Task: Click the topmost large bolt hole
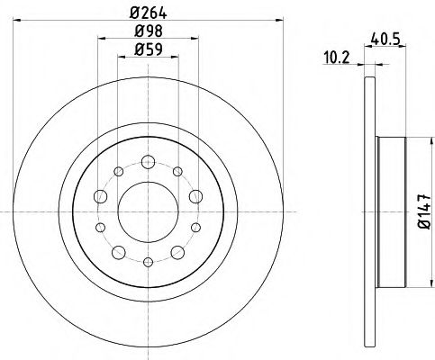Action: click(x=147, y=163)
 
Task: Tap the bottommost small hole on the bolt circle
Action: click(x=147, y=262)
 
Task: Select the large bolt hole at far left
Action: click(x=100, y=197)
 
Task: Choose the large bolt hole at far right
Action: click(x=195, y=197)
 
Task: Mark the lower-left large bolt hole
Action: click(x=118, y=252)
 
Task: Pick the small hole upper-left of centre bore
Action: click(x=117, y=172)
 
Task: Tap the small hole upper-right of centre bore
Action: click(x=177, y=172)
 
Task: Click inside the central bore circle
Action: click(x=147, y=212)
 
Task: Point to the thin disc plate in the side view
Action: click(x=369, y=212)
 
